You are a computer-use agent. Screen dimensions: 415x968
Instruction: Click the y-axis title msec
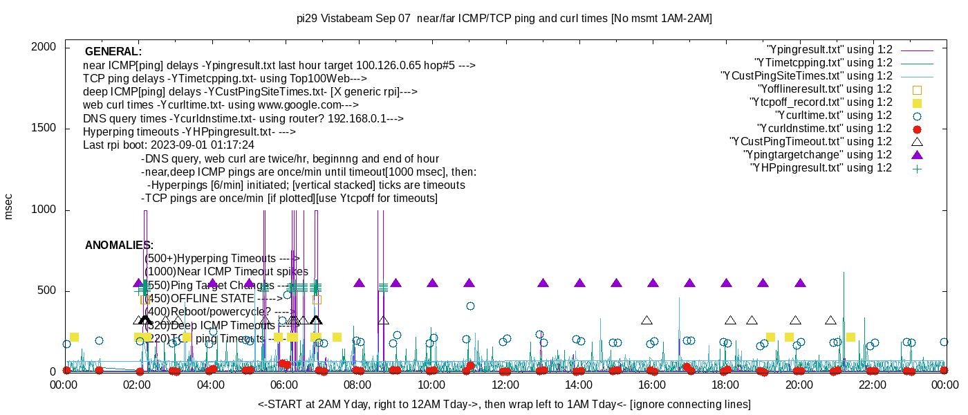click(9, 207)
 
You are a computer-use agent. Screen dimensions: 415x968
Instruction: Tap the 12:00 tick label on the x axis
click(505, 385)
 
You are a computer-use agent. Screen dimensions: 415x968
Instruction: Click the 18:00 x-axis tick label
click(725, 385)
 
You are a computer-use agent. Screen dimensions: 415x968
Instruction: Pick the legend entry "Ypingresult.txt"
click(829, 50)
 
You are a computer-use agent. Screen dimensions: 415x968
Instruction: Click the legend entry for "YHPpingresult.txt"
click(821, 168)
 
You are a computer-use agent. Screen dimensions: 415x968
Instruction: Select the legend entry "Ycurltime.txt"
click(833, 116)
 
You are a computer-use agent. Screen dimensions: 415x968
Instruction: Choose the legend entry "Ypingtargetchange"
click(817, 155)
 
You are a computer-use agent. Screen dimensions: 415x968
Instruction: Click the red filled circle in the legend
click(917, 129)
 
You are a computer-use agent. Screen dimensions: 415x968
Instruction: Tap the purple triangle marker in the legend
click(917, 155)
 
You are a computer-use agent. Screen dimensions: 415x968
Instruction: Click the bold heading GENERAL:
click(113, 52)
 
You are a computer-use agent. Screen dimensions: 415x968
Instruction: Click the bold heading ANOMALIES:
click(119, 246)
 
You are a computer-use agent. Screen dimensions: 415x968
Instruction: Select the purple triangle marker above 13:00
click(543, 283)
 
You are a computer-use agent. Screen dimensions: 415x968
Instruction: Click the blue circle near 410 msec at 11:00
click(470, 306)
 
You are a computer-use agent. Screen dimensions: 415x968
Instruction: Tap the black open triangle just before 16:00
click(646, 320)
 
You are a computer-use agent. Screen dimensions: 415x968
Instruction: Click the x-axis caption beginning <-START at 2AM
click(504, 404)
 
